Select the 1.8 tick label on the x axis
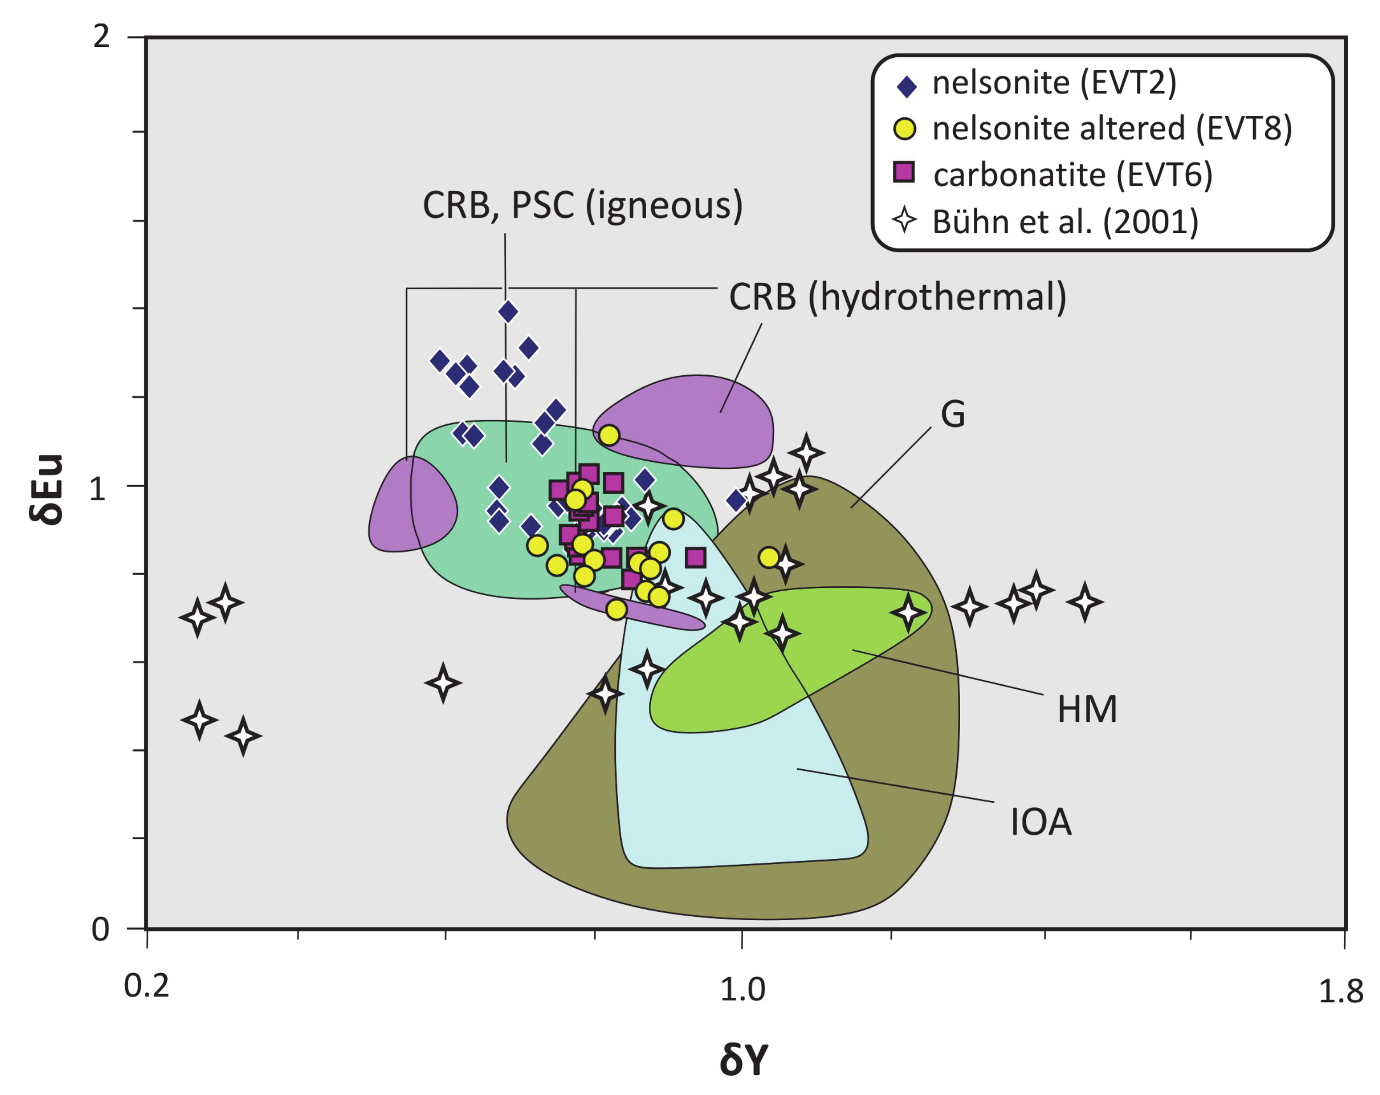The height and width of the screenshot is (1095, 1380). [x=1341, y=992]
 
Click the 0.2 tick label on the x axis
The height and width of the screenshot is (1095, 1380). [x=147, y=986]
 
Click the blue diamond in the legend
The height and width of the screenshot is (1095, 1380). [x=906, y=86]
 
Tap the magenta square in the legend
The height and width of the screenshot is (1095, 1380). [x=904, y=172]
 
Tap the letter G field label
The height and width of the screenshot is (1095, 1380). [x=952, y=414]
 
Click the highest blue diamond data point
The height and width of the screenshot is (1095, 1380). [x=508, y=312]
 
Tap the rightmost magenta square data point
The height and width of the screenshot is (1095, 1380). [x=696, y=558]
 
